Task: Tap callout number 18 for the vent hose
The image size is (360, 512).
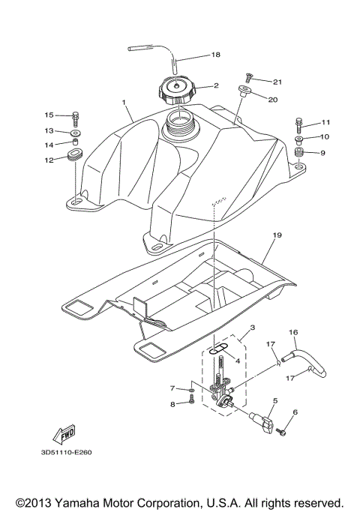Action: click(216, 55)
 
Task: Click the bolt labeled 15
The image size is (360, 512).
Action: click(76, 116)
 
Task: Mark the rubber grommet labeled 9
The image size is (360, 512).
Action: click(298, 154)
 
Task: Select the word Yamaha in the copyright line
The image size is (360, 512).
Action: click(89, 502)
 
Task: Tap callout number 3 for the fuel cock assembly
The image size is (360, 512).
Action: click(232, 327)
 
